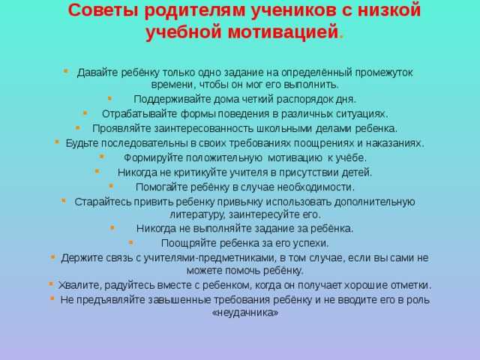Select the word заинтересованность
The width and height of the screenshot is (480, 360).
tap(203, 128)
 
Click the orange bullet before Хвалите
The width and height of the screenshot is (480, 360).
tap(51, 284)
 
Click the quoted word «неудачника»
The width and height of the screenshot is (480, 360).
tap(245, 313)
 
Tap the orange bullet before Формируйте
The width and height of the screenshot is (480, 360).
tap(102, 157)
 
